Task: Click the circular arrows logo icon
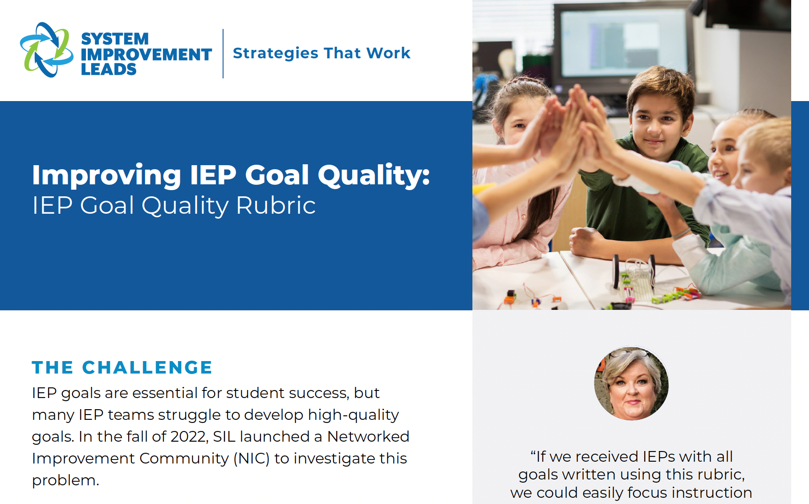click(47, 50)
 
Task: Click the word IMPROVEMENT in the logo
click(146, 54)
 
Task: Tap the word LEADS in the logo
click(109, 69)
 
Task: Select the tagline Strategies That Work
click(321, 53)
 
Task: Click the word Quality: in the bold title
click(374, 175)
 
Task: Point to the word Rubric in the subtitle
click(276, 205)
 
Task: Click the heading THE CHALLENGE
click(122, 367)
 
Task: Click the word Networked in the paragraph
click(368, 436)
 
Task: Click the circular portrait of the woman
click(631, 383)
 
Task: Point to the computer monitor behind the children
click(623, 45)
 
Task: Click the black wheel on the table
click(617, 271)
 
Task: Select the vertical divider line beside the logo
click(223, 53)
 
